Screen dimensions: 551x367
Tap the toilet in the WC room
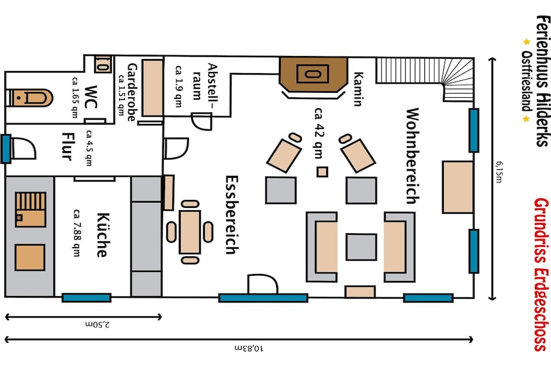coord(30,98)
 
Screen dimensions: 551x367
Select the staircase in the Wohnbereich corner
coord(425,79)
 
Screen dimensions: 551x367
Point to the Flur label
coord(67,146)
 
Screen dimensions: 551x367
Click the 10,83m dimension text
coord(249,348)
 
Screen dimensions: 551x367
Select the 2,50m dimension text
coord(97,324)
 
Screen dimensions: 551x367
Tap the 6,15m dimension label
coord(499,172)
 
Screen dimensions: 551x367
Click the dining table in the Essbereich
coord(190,232)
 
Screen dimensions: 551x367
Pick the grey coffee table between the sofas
coord(361,247)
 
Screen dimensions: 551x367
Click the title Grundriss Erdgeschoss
coord(541,275)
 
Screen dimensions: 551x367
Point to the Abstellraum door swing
coord(202,121)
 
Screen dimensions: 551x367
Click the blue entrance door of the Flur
coord(5,149)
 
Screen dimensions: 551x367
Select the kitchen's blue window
coord(87,298)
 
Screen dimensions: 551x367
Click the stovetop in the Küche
coord(31,210)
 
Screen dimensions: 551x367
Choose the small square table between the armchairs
coord(322,172)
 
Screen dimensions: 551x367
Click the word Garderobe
coord(132,92)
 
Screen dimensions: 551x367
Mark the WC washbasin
coord(103,64)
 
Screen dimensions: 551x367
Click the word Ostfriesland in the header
coord(526,81)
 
